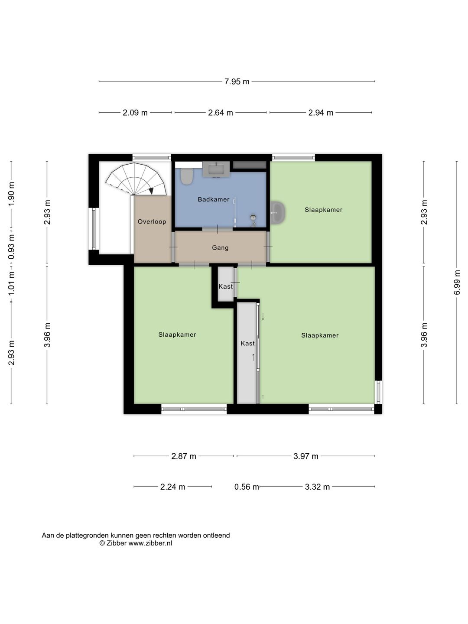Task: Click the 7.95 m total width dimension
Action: pos(237,81)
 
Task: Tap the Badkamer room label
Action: pos(213,199)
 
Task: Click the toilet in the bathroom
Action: pos(187,176)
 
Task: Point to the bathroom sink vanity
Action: pos(216,169)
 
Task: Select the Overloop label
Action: pos(152,221)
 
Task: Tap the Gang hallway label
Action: pos(220,247)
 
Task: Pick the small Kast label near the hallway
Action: pos(225,286)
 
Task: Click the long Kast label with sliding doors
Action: pos(247,343)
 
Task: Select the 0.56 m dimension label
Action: pos(246,487)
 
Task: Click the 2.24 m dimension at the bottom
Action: pos(172,487)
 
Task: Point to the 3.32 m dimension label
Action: pos(317,487)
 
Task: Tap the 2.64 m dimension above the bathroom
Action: pos(220,113)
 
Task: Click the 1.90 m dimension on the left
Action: pos(11,193)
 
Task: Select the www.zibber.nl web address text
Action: pos(150,543)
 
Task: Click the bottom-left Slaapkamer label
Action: pos(177,335)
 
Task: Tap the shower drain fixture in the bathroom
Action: pos(253,217)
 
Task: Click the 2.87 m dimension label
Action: pos(184,456)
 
